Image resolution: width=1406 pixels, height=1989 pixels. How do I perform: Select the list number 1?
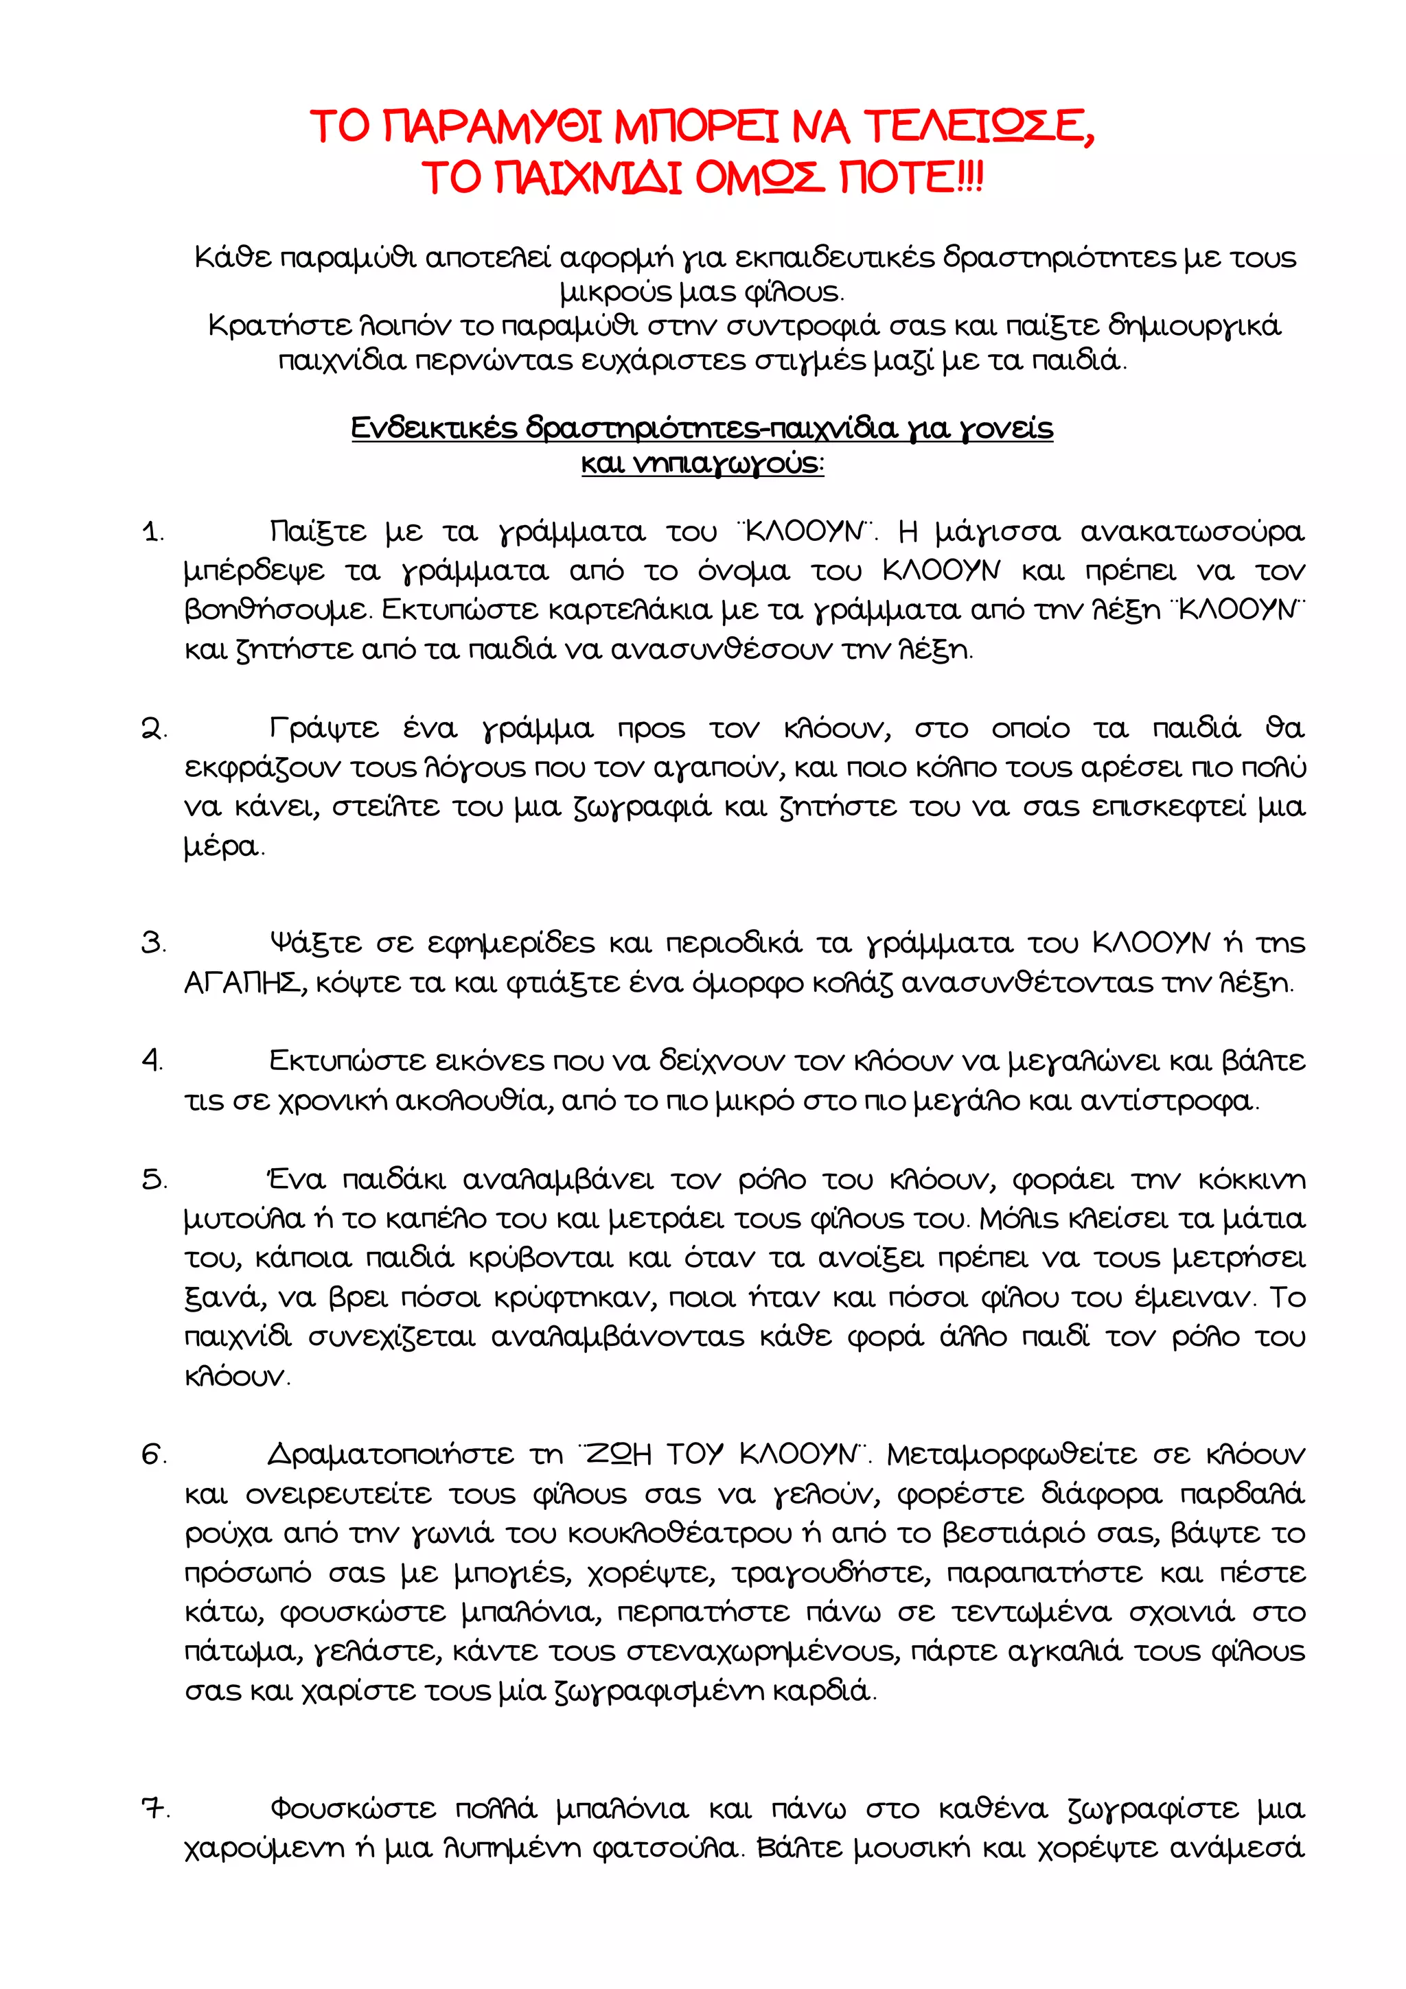coord(152,532)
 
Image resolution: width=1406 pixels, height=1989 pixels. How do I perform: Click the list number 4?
coord(152,1060)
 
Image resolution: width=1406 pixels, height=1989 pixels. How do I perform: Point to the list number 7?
coord(155,1808)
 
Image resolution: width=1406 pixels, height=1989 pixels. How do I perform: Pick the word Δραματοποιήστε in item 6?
coord(390,1454)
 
